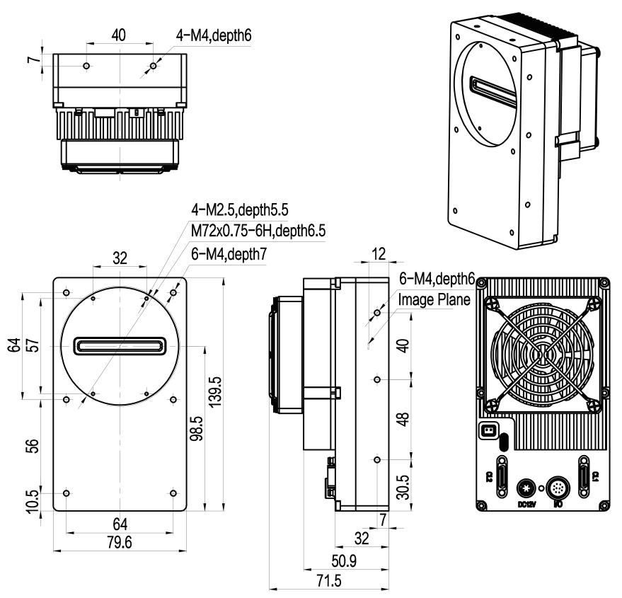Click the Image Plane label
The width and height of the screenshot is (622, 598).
click(434, 299)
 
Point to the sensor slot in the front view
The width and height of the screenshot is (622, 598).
click(120, 346)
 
